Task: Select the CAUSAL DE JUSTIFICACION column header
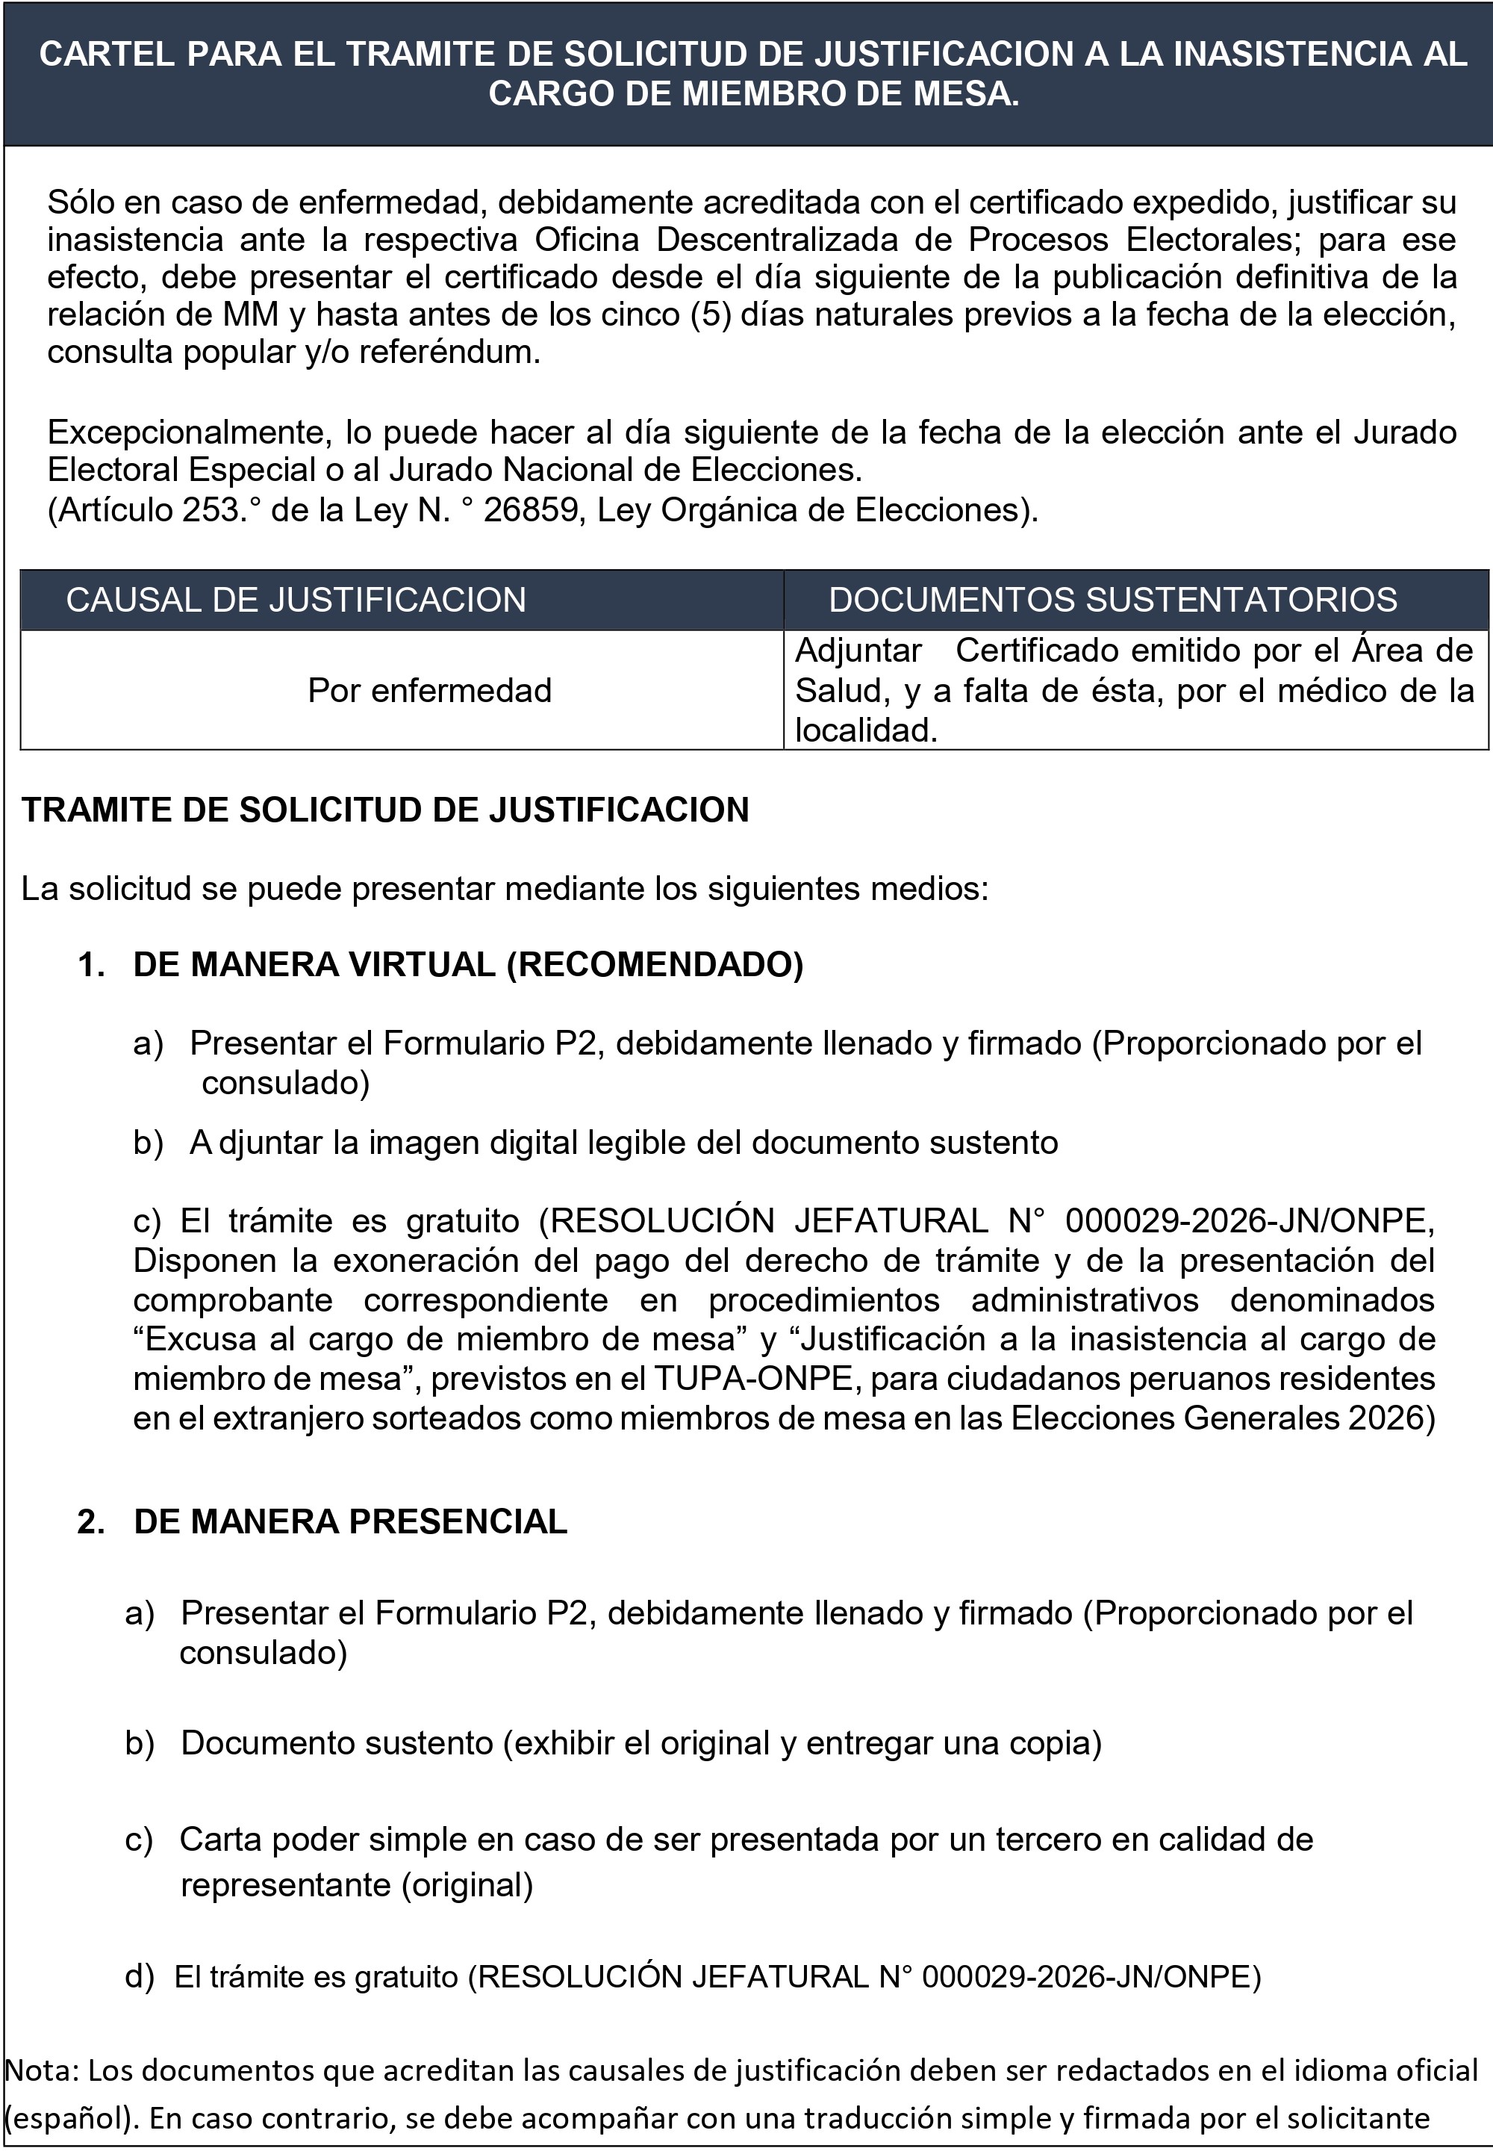click(x=296, y=600)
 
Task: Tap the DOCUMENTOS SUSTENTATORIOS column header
click(x=1112, y=600)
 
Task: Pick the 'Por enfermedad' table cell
click(x=429, y=691)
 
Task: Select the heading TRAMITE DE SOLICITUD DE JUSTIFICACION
click(x=385, y=810)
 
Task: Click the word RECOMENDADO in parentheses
click(x=654, y=965)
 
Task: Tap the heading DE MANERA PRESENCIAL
click(x=351, y=1521)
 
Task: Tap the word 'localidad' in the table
click(x=864, y=730)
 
